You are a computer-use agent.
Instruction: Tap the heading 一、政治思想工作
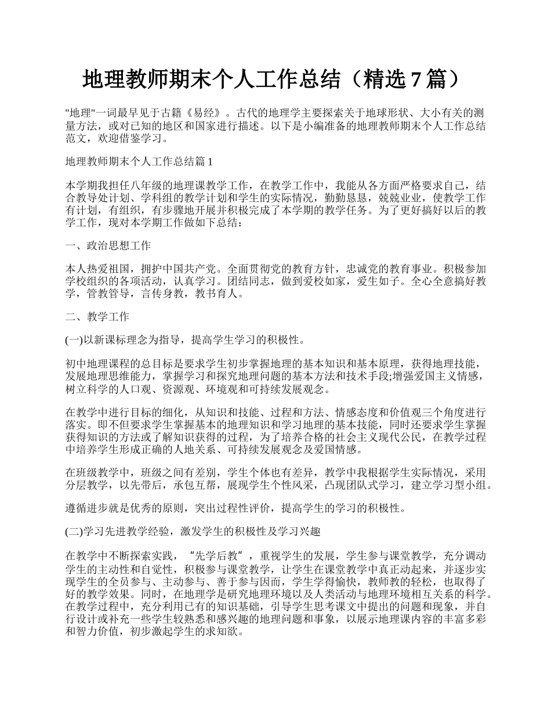point(108,246)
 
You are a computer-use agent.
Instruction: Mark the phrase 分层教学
point(87,485)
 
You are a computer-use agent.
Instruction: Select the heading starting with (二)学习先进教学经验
point(193,531)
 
